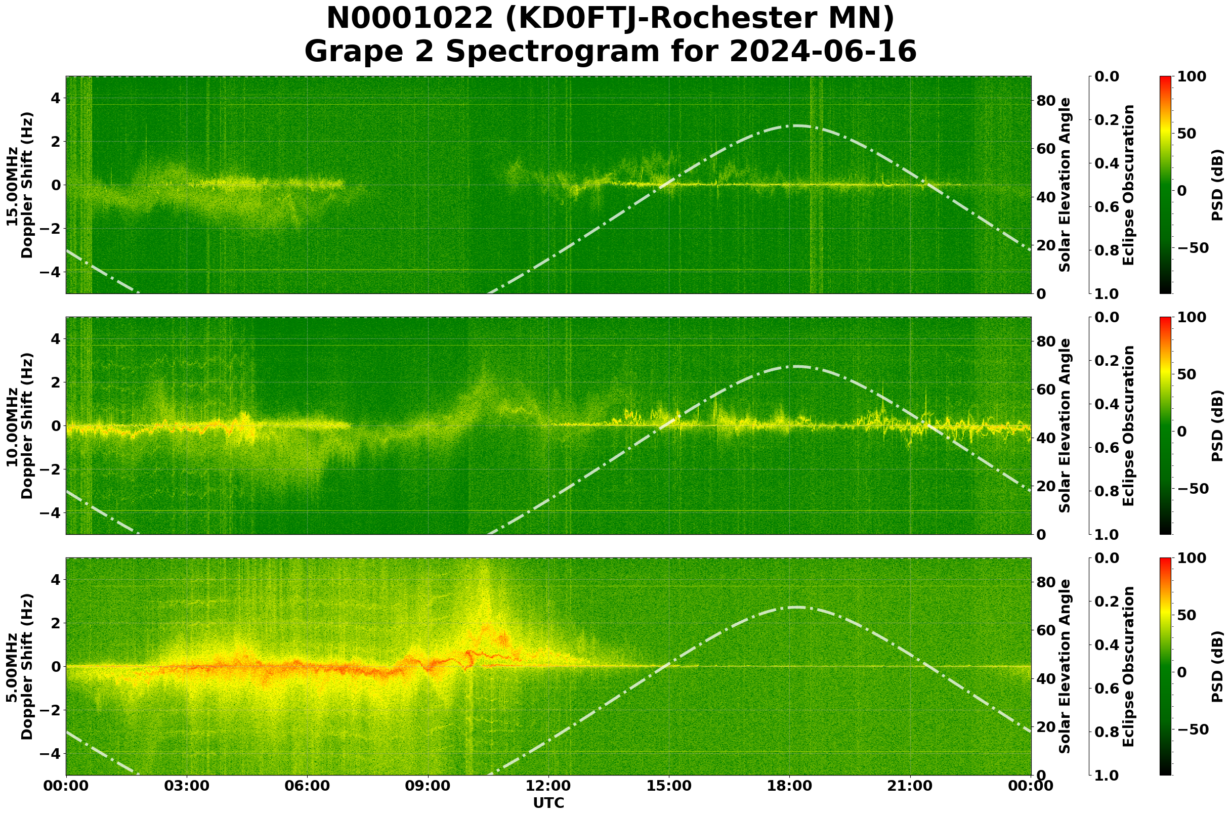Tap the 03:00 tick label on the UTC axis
[186, 786]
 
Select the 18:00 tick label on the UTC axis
[790, 786]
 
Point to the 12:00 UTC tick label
[548, 786]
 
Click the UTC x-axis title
[548, 803]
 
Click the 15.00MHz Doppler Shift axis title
[20, 185]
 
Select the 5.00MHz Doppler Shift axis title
[20, 667]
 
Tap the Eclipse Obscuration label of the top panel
[1128, 185]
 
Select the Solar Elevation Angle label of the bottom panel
[1065, 667]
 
